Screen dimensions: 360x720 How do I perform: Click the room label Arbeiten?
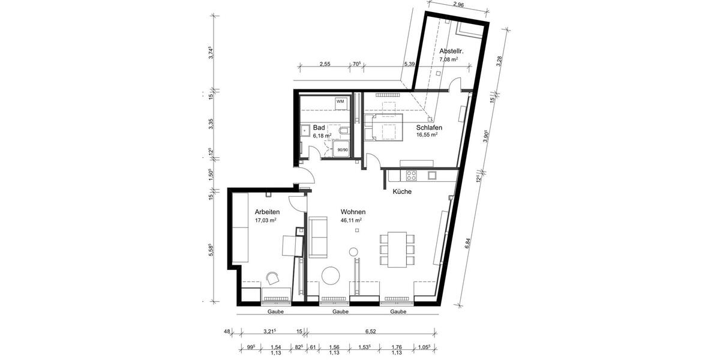(x=267, y=212)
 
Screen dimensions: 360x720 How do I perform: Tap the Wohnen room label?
(x=353, y=212)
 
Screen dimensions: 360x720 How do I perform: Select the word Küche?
(x=401, y=191)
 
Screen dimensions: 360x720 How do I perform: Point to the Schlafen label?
(x=429, y=128)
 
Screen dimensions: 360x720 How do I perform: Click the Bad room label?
(x=319, y=128)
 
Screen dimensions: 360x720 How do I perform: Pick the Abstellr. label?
(x=451, y=51)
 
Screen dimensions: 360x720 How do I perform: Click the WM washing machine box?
(x=340, y=102)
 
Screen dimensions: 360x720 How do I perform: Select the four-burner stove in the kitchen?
(x=412, y=176)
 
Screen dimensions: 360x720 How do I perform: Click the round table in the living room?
(x=331, y=275)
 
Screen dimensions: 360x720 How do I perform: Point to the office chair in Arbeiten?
(x=274, y=277)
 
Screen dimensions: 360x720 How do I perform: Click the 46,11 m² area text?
(x=351, y=220)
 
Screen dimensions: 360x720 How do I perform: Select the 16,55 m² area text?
(x=427, y=136)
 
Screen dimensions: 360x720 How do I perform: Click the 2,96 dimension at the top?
(x=458, y=5)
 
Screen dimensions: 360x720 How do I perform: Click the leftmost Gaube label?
(x=275, y=312)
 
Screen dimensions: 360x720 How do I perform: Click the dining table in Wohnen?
(x=396, y=249)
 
